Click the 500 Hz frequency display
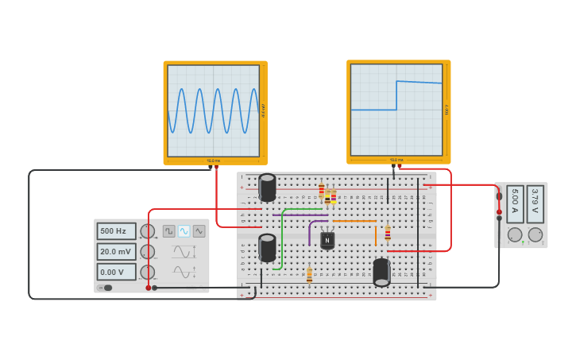(x=116, y=231)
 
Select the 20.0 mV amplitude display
(x=116, y=252)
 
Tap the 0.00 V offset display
(x=116, y=272)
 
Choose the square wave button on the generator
(x=169, y=231)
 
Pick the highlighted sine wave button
(x=184, y=231)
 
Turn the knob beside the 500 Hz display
(x=148, y=231)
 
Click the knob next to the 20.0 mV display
(x=148, y=252)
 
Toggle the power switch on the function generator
(x=105, y=288)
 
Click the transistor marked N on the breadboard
(x=327, y=239)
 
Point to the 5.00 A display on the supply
(x=515, y=204)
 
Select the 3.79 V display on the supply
(x=535, y=204)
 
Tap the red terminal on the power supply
(x=500, y=212)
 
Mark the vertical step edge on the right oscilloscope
(x=396, y=95)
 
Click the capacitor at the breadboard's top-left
(x=268, y=188)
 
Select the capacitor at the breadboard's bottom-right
(x=381, y=272)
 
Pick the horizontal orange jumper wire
(x=354, y=222)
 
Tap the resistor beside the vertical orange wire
(x=388, y=233)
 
